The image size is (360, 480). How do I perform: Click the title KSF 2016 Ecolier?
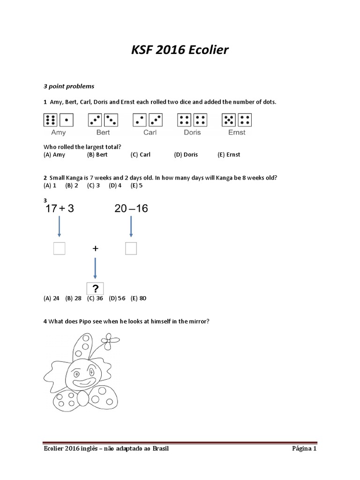coord(180,50)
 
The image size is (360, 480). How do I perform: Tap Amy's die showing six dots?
coord(50,120)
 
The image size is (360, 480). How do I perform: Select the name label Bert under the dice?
coord(103,133)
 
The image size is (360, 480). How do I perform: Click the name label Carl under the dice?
coord(150,133)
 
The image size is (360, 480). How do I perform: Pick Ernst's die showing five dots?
coord(229,120)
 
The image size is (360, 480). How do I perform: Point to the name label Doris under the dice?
coord(192,133)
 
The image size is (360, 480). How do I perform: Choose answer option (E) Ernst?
coord(229,155)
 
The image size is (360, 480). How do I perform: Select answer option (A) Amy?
coord(54,155)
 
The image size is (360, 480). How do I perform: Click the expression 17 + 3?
coord(60,209)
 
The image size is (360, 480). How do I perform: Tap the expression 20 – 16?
coord(131,209)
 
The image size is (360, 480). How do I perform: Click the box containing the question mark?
coord(95,288)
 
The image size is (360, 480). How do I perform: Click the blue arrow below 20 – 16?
coord(131,228)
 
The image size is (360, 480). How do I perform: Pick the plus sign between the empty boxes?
coord(95,249)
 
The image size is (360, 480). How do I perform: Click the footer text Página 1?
coord(304,449)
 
